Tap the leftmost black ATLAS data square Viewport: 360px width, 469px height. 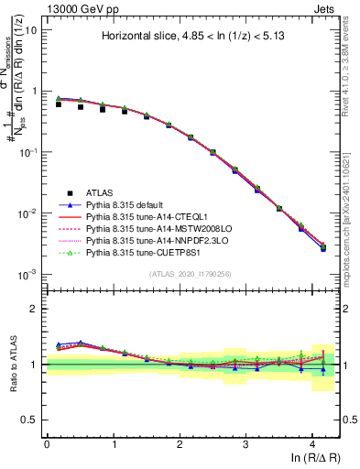pos(59,104)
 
